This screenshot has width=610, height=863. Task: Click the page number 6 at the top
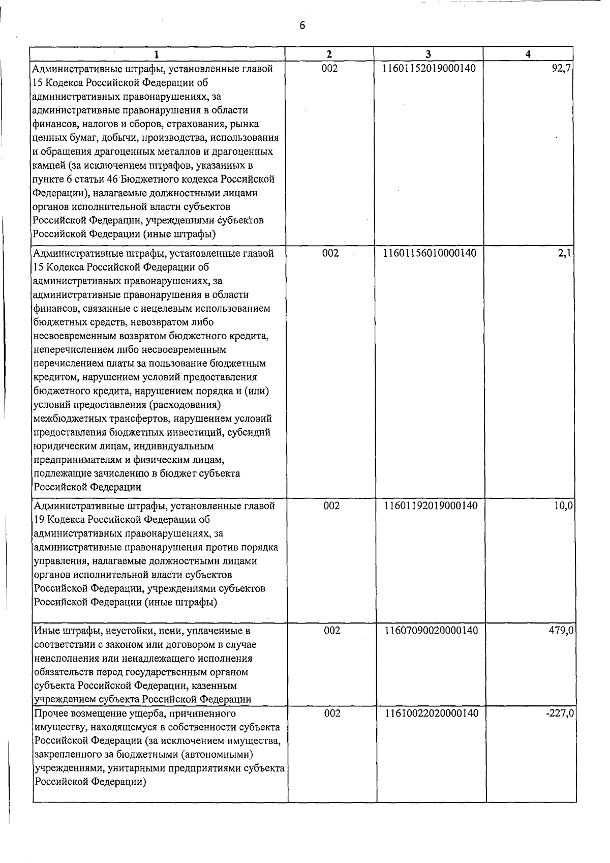coord(302,26)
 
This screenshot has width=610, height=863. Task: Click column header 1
coord(157,54)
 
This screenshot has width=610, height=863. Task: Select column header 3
coord(428,54)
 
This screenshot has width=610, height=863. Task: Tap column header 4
coord(529,54)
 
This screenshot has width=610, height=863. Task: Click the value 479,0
coord(562,631)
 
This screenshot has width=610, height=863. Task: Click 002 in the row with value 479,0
coord(332,631)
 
